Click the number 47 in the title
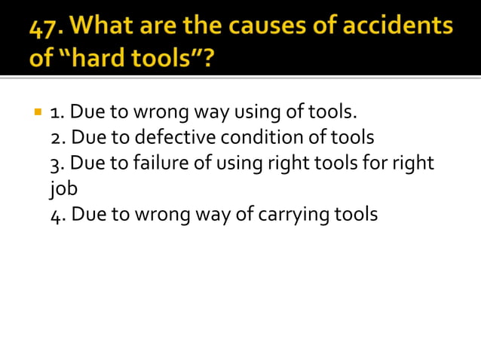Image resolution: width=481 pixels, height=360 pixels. coord(47,28)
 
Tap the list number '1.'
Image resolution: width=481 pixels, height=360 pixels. coord(57,114)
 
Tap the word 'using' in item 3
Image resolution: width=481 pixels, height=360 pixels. coord(241,163)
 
